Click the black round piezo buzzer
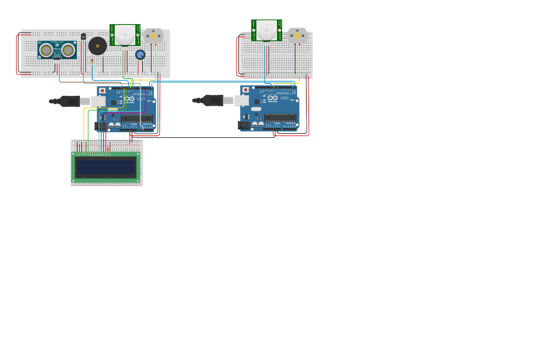[98, 46]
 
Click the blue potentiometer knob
[140, 54]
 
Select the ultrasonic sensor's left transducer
[46, 50]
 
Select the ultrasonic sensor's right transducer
[68, 50]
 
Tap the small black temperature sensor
[83, 36]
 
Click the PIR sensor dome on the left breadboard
[125, 35]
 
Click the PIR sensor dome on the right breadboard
[266, 30]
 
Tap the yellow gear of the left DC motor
[153, 36]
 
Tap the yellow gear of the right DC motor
[297, 35]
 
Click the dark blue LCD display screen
[106, 167]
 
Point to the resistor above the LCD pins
[108, 148]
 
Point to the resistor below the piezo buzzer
[92, 61]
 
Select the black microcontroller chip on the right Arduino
[280, 118]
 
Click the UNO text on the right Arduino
[284, 98]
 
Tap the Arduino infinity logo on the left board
[129, 99]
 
